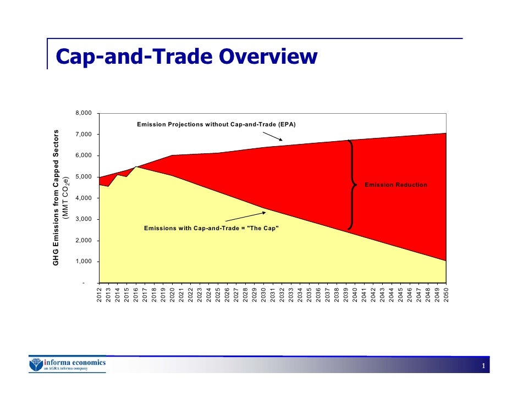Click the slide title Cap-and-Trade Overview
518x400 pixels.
click(186, 57)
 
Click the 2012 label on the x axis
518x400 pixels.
click(99, 295)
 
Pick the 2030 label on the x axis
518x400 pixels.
click(264, 295)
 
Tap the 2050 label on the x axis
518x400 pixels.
click(447, 295)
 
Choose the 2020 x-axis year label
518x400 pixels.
click(172, 295)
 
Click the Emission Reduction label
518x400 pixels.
click(395, 185)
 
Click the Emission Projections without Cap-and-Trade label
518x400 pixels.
click(216, 125)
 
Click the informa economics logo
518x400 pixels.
click(67, 365)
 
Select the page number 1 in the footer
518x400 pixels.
click(482, 366)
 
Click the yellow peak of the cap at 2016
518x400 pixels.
click(136, 167)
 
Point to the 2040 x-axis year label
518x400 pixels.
click(355, 295)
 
